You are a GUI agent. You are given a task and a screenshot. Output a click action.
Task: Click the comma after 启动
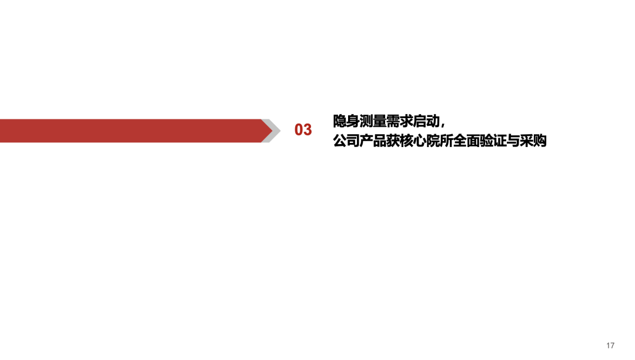click(x=443, y=124)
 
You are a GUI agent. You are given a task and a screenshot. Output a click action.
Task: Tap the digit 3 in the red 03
click(x=308, y=130)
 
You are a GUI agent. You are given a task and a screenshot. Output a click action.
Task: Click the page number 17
click(x=610, y=345)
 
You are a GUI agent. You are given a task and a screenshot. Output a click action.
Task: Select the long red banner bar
click(x=129, y=131)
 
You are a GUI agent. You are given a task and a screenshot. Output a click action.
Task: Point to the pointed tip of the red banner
click(x=270, y=131)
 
